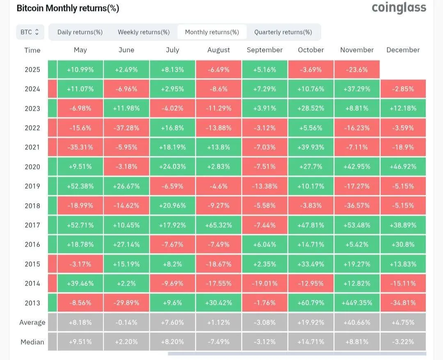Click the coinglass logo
[399, 8]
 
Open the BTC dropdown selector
[30, 32]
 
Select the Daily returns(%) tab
[80, 32]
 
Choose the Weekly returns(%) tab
[144, 32]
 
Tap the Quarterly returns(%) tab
[283, 32]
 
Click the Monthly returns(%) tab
[212, 32]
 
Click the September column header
[265, 50]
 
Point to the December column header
[403, 50]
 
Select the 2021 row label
[32, 147]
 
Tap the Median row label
[32, 342]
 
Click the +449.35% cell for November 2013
[357, 303]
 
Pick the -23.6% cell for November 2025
[357, 70]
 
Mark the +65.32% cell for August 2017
[219, 225]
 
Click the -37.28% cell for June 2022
[126, 128]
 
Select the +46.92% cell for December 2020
[403, 167]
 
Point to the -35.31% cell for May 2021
[80, 147]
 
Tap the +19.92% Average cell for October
[311, 322]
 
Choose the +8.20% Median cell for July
[172, 342]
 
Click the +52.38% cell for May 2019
[80, 186]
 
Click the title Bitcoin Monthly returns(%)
[68, 8]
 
